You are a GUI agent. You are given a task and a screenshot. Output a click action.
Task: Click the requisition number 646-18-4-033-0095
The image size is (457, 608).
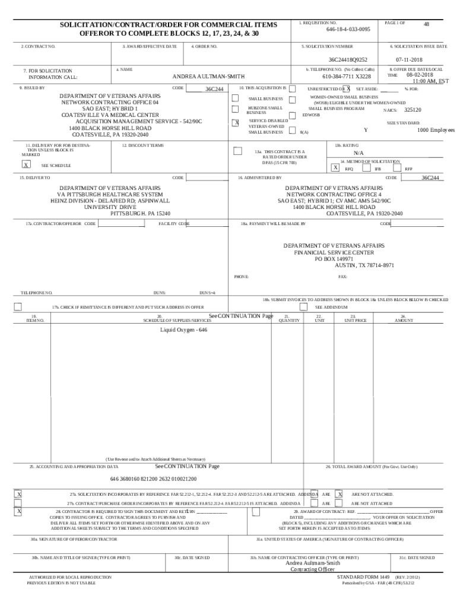348,29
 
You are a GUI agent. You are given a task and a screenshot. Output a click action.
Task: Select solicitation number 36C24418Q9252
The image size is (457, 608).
348,60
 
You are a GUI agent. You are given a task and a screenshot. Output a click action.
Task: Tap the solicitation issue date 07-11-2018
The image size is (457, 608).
409,60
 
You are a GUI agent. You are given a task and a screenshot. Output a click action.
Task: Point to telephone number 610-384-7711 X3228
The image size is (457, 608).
347,77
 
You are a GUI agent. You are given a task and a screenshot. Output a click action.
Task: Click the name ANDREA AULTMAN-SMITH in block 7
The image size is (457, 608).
208,77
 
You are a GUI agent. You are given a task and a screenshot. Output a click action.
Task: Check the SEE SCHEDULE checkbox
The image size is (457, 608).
26,165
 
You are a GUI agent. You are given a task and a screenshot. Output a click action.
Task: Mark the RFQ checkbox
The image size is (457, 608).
336,168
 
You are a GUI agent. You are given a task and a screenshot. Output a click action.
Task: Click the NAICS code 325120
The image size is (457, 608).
412,110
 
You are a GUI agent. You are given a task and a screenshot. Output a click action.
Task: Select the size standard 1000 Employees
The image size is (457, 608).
436,130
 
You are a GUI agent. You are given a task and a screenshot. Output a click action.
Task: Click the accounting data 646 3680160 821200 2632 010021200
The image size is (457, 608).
153,479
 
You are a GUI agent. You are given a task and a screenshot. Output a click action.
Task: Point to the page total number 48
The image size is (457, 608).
426,24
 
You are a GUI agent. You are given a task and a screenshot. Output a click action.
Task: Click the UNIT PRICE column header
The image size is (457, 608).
356,320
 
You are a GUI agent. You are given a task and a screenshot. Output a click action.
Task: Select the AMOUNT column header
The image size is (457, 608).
404,320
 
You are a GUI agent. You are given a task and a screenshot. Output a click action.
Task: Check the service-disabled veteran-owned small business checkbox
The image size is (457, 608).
236,123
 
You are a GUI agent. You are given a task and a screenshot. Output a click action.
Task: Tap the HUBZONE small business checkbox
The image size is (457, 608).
236,109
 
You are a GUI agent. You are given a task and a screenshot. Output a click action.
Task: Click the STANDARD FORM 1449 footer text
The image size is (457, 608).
363,577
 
